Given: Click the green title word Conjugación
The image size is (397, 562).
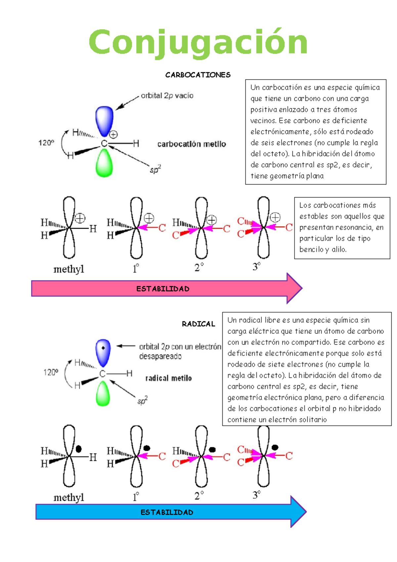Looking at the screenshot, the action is (198, 43).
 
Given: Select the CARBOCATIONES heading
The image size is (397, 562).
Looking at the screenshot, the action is (198, 75).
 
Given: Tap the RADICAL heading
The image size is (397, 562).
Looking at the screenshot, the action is (198, 324).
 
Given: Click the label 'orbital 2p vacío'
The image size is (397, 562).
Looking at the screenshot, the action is (167, 95).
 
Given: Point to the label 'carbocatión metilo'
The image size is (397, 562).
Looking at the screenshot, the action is (192, 144).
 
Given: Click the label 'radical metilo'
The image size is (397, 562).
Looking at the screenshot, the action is (169, 378).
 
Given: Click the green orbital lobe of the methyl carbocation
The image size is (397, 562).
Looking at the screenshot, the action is (104, 163).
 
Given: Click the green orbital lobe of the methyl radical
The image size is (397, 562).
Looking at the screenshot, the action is (103, 394).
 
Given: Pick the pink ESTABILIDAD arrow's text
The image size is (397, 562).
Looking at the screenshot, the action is (163, 289).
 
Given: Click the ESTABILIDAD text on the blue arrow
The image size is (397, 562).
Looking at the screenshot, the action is (167, 512).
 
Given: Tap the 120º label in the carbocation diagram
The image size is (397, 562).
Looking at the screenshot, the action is (46, 143).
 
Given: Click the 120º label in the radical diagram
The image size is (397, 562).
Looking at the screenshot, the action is (51, 372).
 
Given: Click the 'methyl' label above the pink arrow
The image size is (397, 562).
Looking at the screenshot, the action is (69, 269).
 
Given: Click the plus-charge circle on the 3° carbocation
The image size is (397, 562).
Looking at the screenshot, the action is (275, 217).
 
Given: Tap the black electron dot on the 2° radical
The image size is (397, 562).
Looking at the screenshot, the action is (212, 450).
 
